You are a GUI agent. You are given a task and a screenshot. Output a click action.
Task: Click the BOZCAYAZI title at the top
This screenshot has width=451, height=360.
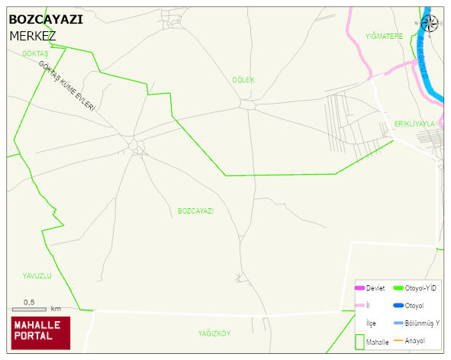click(x=46, y=20)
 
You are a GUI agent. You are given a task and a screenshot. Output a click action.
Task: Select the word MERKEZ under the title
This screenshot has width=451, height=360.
click(x=33, y=36)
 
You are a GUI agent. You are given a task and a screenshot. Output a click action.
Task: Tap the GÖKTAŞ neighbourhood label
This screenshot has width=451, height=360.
click(x=35, y=53)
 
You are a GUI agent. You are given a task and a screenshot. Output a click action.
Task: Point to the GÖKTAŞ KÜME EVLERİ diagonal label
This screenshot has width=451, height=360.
click(x=68, y=86)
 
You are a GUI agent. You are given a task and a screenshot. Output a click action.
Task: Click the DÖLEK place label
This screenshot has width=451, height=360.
click(x=243, y=79)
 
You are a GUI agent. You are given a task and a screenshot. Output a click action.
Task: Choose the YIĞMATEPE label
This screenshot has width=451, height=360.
click(x=384, y=36)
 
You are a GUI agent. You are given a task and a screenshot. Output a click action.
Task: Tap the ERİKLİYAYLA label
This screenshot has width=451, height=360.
click(x=414, y=124)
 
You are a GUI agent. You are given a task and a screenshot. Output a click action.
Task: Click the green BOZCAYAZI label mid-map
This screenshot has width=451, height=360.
click(x=195, y=211)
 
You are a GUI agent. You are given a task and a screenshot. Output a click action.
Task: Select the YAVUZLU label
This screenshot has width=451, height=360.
click(x=37, y=276)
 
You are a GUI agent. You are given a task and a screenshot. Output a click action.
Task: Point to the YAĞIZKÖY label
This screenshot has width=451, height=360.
click(x=214, y=334)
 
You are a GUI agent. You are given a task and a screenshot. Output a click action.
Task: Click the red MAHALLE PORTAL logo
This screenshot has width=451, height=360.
click(x=40, y=332)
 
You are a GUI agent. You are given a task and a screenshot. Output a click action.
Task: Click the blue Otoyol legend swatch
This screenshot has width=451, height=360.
click(x=398, y=305)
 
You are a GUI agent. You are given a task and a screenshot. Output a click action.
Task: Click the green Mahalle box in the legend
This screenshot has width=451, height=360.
click(x=360, y=342)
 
